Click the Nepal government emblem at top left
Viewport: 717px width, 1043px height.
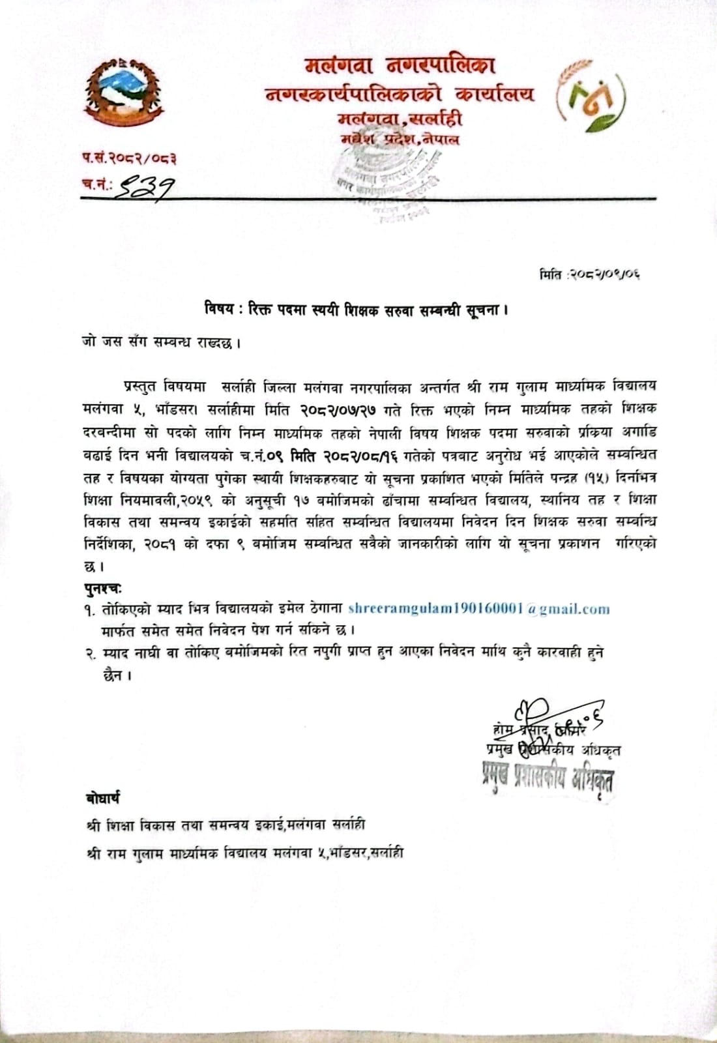[x=122, y=93]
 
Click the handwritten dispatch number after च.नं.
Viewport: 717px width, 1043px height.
[x=144, y=188]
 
